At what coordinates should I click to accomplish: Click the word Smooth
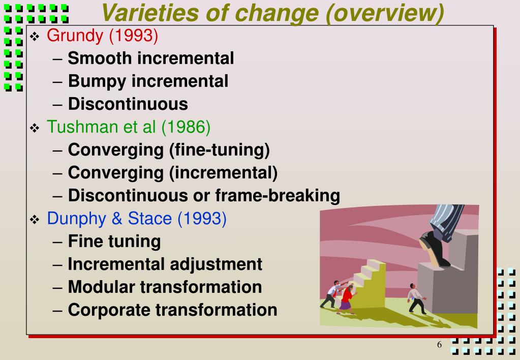point(99,58)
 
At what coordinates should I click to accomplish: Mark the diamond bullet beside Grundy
point(35,37)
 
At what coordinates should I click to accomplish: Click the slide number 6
point(440,346)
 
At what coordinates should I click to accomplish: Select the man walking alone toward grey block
point(416,300)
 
